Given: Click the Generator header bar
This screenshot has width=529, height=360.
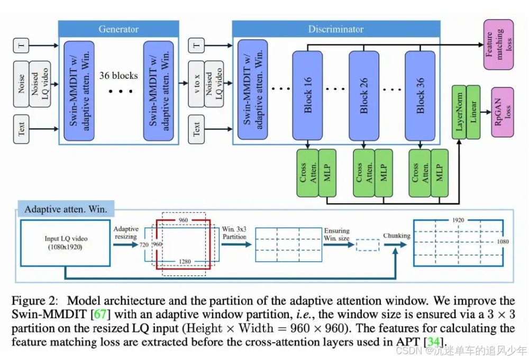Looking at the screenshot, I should [118, 29].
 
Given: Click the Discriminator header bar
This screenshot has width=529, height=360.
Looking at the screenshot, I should [336, 29].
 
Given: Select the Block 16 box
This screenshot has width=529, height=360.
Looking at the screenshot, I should [308, 95].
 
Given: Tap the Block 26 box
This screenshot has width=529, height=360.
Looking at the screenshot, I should [363, 95].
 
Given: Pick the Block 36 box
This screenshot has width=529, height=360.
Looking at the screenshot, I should [420, 95].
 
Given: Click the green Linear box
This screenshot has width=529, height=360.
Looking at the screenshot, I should [473, 113].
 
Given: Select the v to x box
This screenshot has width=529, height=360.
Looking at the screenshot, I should [197, 84].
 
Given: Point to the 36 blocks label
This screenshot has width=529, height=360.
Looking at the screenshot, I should [118, 76].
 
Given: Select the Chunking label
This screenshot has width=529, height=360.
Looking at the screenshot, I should [397, 236].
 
